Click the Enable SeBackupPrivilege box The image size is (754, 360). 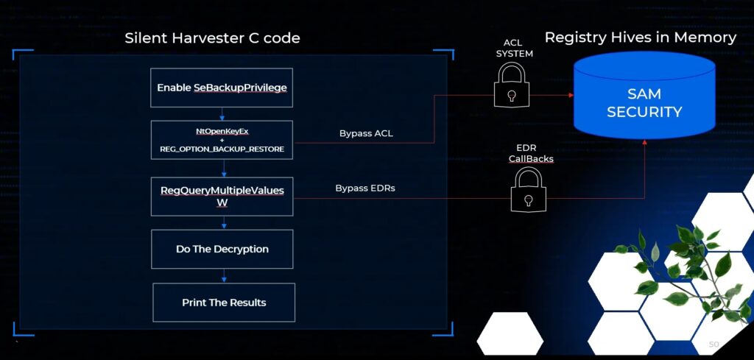point(222,88)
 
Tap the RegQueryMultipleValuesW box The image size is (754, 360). point(222,196)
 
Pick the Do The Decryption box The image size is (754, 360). point(222,249)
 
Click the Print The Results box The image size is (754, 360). point(223,303)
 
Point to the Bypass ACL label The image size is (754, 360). point(366,134)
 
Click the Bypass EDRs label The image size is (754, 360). point(365,188)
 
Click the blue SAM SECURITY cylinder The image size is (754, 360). point(644,96)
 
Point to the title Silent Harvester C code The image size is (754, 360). point(212,38)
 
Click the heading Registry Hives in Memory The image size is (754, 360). point(640,37)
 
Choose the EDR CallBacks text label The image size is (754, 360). point(526,153)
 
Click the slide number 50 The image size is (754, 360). point(713,345)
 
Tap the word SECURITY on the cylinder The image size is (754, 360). point(644,112)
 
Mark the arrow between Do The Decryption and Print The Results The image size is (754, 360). point(223,275)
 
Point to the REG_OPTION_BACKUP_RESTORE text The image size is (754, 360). point(222,149)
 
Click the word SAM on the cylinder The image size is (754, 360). point(644,93)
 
